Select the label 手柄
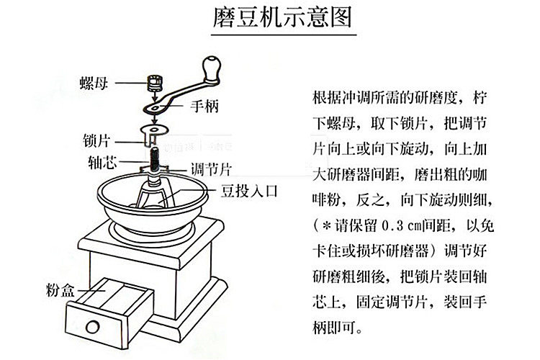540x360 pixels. click(204, 108)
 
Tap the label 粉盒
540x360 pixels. click(55, 291)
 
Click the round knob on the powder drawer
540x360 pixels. click(93, 327)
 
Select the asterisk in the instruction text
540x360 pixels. click(323, 227)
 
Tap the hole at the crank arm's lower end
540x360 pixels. click(151, 108)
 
